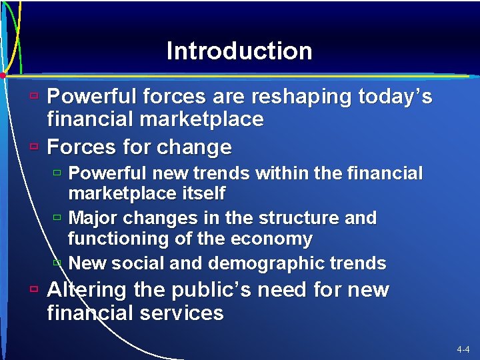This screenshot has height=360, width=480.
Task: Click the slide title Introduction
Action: [x=239, y=51]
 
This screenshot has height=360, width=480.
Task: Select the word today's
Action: [x=395, y=97]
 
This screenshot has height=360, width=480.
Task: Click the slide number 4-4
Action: [x=463, y=349]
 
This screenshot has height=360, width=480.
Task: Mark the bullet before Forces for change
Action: [x=33, y=145]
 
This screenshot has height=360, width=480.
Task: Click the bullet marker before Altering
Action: [x=33, y=289]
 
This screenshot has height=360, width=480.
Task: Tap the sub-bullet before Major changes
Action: [x=57, y=217]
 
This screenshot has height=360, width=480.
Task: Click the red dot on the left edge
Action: [x=3, y=75]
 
